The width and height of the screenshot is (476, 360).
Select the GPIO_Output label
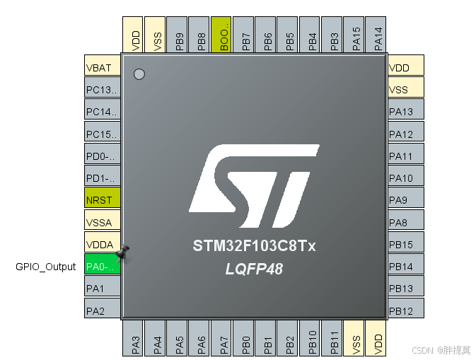tap(46, 267)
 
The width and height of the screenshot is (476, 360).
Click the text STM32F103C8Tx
tap(255, 247)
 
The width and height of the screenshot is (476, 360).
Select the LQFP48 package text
tap(255, 269)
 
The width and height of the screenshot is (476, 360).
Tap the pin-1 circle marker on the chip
tap(139, 74)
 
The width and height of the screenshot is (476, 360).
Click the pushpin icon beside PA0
tap(124, 252)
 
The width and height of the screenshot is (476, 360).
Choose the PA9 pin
tap(406, 200)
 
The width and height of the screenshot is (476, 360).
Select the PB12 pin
tap(406, 310)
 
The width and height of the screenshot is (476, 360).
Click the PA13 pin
tap(406, 112)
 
